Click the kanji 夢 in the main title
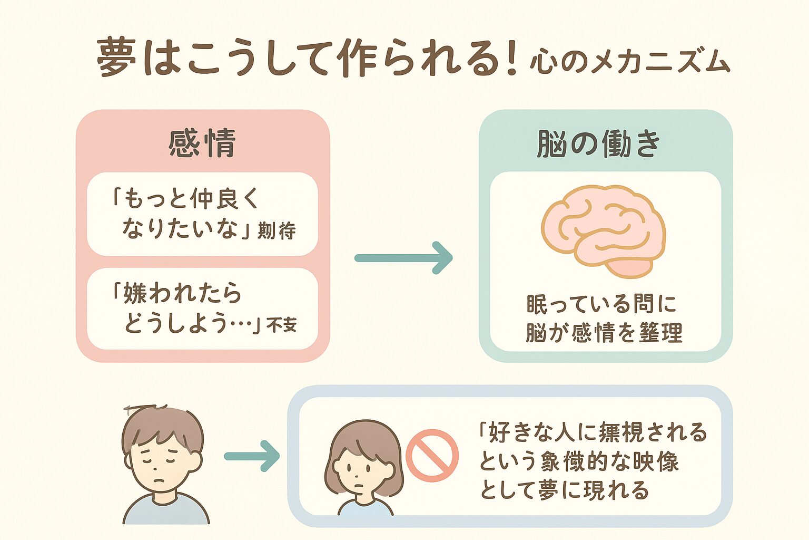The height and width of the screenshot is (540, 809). [117, 57]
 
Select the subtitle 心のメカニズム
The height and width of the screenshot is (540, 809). [630, 62]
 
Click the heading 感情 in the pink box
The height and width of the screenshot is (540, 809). [202, 143]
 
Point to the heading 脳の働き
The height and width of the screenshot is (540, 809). [599, 143]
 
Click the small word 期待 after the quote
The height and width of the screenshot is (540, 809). [277, 231]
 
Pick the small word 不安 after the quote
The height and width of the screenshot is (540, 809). [282, 324]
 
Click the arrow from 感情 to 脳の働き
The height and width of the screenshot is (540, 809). [403, 258]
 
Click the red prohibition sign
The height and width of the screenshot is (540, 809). [432, 455]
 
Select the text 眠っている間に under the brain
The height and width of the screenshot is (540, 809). [601, 304]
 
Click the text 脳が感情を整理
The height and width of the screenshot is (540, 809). [604, 333]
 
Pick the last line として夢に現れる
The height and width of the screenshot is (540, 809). [565, 490]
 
